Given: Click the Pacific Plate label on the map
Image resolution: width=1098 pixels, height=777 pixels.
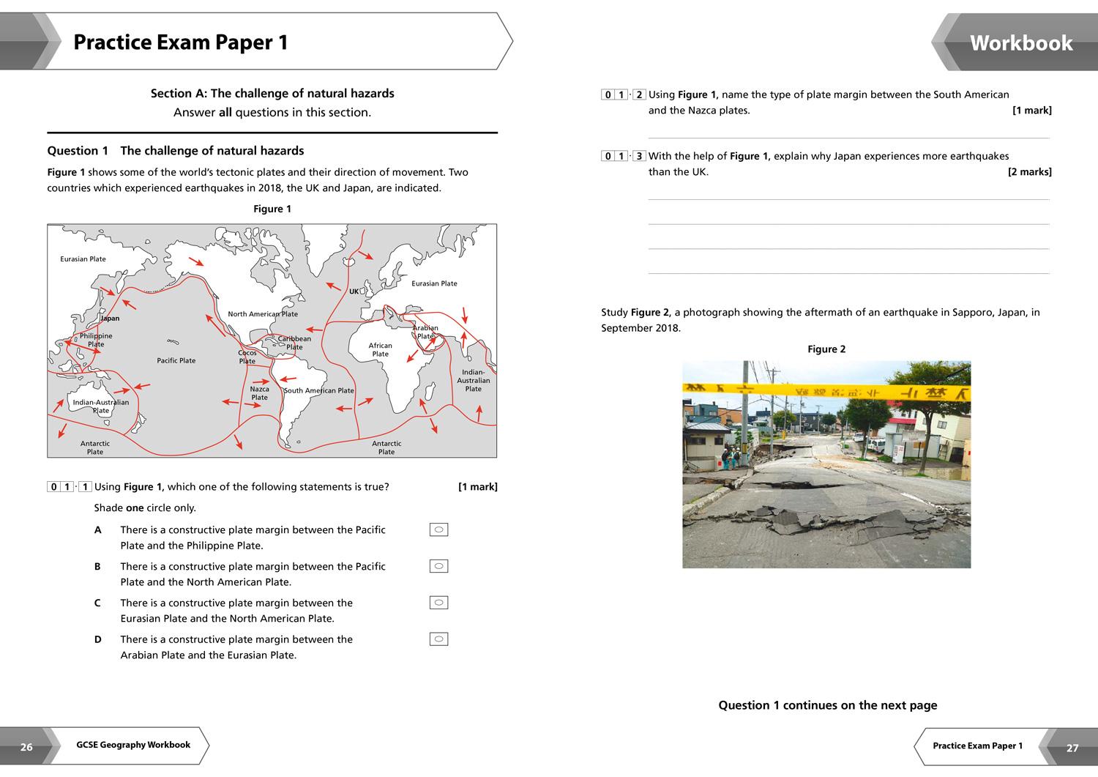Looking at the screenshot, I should [x=176, y=360].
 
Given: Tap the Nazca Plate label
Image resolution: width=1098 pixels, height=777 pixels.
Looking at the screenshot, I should [x=259, y=393].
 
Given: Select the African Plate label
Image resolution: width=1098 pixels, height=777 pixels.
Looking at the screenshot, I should [x=380, y=350].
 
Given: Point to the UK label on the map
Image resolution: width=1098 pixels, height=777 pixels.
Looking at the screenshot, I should [x=354, y=291].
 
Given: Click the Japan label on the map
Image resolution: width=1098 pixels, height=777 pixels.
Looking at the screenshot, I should [x=110, y=319].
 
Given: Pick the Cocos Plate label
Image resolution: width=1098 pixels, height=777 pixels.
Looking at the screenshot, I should [x=247, y=357].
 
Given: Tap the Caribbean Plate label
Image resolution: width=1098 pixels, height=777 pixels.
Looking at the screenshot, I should [x=294, y=343].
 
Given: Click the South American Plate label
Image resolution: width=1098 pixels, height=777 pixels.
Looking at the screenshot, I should [x=318, y=390].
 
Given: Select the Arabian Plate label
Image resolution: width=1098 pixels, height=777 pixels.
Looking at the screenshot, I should [x=425, y=332].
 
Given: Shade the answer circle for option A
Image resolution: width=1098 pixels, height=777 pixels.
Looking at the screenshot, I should [x=438, y=529].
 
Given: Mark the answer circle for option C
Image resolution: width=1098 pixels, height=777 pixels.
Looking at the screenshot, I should [x=438, y=603].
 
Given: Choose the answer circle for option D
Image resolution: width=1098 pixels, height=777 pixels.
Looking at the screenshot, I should [x=438, y=639].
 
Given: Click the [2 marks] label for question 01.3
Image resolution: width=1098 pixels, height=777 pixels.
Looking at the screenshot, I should [x=1029, y=172].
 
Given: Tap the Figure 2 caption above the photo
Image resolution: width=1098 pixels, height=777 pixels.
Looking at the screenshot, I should [x=826, y=349].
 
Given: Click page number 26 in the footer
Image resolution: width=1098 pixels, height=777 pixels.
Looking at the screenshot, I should [x=26, y=747].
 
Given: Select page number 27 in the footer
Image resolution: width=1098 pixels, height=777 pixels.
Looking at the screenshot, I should [x=1072, y=748].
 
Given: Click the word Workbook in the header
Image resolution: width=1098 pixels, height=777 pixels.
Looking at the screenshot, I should [x=1020, y=43].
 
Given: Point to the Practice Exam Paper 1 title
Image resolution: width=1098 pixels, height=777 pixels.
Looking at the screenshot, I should [x=181, y=42].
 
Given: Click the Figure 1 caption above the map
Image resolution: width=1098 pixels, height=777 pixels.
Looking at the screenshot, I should [x=272, y=209].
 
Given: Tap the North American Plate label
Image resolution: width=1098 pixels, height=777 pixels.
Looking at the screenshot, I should [x=263, y=314].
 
